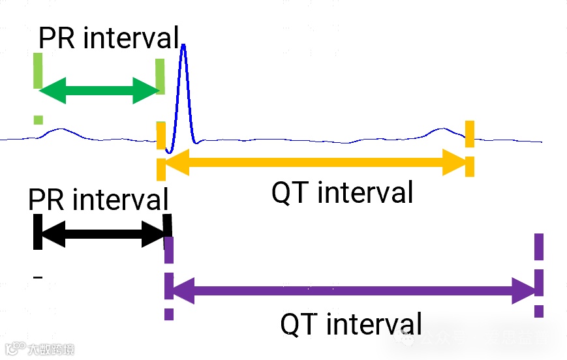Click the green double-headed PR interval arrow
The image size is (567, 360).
[x=98, y=89]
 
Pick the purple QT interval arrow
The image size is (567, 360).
[x=352, y=290]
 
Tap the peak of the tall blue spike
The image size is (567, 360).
[x=184, y=45]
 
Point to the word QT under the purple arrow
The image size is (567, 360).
[x=299, y=324]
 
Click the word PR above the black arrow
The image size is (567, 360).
[x=48, y=199]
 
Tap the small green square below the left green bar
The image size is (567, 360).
[x=38, y=119]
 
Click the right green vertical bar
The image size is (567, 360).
[x=160, y=76]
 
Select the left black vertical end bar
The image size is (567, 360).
[x=38, y=232]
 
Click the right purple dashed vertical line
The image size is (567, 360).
[x=539, y=274]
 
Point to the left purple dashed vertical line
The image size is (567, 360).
[x=169, y=277]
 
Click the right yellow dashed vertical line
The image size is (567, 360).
[x=470, y=148]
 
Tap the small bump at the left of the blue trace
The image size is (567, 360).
[x=59, y=130]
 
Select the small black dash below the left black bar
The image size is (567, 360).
[x=38, y=278]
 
